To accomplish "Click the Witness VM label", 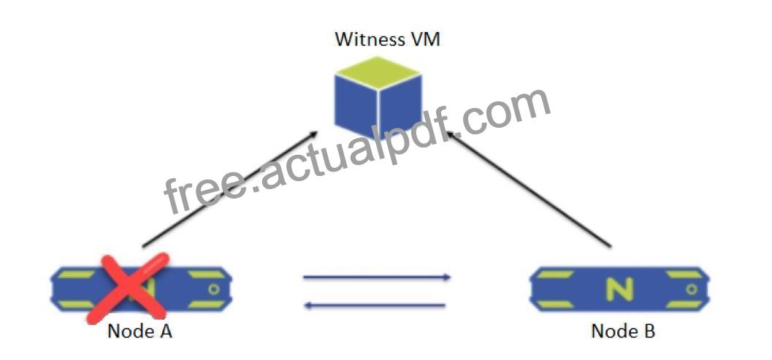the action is click(387, 39).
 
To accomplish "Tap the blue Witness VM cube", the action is click(378, 98).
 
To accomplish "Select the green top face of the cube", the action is click(378, 73).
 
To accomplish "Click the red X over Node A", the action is click(128, 288).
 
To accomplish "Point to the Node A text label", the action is click(140, 331).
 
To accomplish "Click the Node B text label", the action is click(623, 331).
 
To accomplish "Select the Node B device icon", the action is click(619, 289).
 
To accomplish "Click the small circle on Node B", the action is click(691, 289).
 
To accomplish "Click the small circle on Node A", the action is click(214, 289).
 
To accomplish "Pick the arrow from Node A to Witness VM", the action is click(230, 188).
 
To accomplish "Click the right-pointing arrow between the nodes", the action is click(377, 277).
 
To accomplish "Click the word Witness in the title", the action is click(367, 39).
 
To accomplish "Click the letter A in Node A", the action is click(165, 331).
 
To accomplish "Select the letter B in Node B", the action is click(649, 331).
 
